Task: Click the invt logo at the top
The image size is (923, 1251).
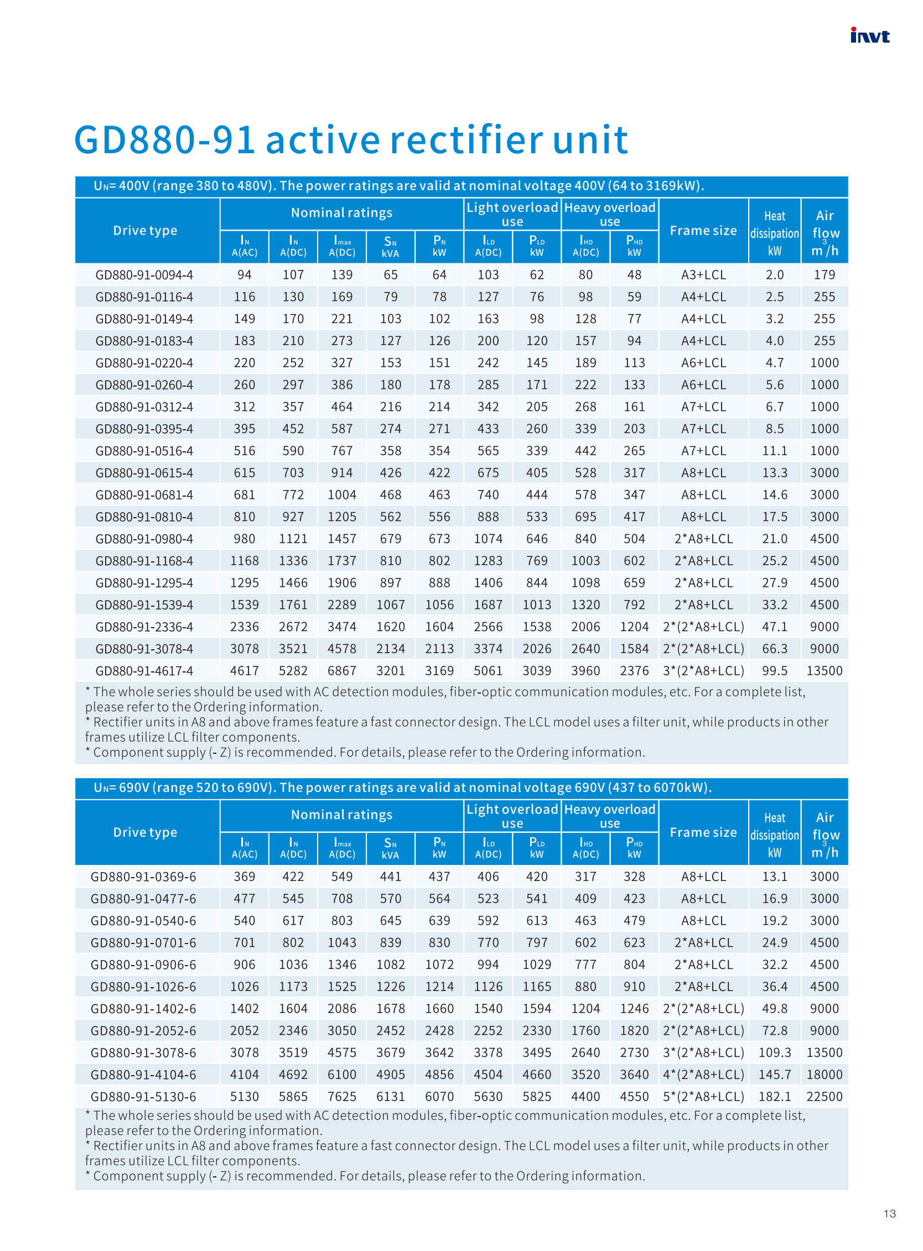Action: click(x=869, y=36)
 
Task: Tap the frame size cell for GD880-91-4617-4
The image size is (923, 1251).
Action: click(x=703, y=671)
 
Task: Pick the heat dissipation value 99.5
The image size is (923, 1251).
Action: click(x=774, y=671)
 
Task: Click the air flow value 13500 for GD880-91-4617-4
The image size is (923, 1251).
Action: click(x=824, y=671)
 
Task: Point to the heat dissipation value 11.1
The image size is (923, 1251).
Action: click(x=774, y=451)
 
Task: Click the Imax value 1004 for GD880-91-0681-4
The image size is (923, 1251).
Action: click(x=341, y=495)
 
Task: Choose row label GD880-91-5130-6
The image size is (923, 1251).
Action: click(x=143, y=1096)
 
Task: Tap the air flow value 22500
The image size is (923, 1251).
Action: click(x=824, y=1096)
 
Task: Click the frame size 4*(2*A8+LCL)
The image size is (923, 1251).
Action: click(x=703, y=1075)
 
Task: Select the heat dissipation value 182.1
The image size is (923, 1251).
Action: click(x=774, y=1096)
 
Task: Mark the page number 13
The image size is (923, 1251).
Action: click(x=889, y=1213)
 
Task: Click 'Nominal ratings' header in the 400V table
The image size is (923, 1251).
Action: click(x=341, y=213)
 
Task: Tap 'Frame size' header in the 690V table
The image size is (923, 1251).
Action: click(x=703, y=832)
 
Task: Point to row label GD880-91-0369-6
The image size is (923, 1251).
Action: click(x=143, y=877)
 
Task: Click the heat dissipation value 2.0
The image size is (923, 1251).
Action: click(x=774, y=275)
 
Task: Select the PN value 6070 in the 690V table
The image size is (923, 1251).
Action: click(x=439, y=1096)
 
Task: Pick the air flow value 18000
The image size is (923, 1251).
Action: click(x=824, y=1075)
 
